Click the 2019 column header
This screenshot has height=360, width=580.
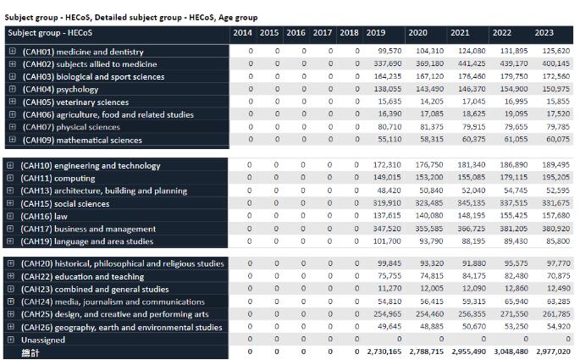coord(375,33)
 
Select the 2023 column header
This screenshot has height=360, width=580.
coord(544,33)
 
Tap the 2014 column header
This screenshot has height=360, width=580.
coord(242,33)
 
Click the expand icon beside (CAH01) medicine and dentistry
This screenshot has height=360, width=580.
coord(12,52)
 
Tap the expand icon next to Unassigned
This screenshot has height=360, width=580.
coord(12,340)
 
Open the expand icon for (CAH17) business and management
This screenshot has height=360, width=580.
coord(12,229)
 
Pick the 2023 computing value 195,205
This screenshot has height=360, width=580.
coord(555,179)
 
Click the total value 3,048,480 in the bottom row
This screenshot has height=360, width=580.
coord(514,352)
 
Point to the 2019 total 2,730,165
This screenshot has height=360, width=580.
coord(384,352)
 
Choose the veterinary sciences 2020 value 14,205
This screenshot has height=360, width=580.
coord(429,102)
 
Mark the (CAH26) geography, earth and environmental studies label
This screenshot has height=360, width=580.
coord(122,327)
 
